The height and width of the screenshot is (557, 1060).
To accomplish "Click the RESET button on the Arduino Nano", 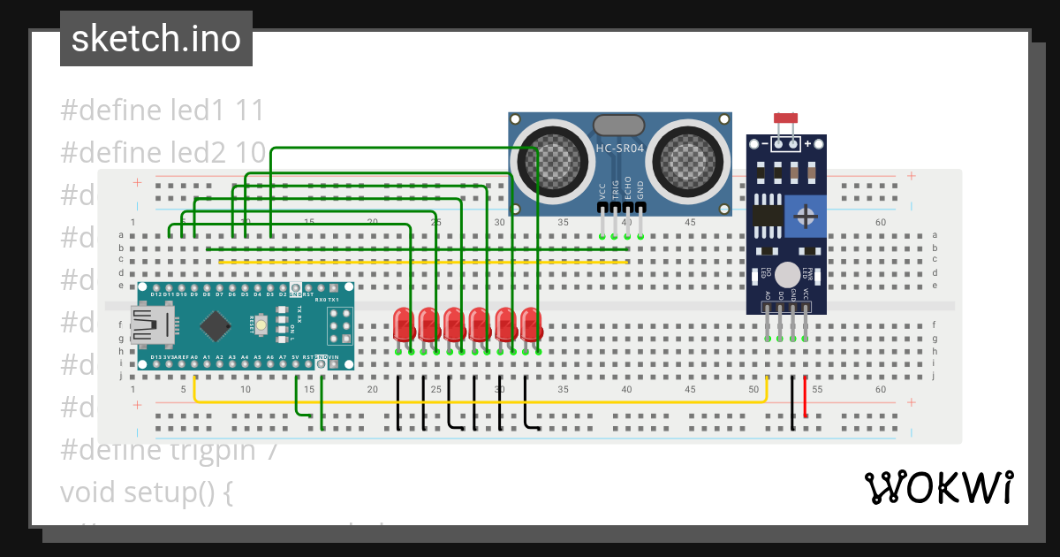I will click(262, 326).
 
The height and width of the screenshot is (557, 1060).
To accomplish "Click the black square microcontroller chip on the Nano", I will click(216, 326).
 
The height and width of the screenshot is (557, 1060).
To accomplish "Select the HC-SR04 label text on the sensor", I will click(619, 149).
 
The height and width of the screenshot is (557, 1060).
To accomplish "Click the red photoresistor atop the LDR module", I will click(784, 118).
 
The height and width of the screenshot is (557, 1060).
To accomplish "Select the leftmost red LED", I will click(404, 324).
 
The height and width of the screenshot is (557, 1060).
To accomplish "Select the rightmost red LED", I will click(530, 324).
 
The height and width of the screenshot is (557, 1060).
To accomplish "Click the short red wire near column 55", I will click(806, 397).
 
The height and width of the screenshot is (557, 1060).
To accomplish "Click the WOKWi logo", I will click(938, 487).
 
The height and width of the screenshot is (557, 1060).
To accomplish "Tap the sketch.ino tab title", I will click(156, 39).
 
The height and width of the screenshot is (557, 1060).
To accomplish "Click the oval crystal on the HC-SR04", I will click(619, 126).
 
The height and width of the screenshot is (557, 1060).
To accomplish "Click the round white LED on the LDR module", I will click(787, 275).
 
